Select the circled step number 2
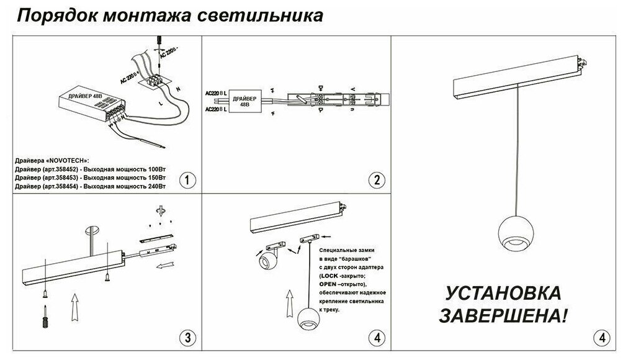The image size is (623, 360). pos(374,181)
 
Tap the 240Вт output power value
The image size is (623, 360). pos(157,186)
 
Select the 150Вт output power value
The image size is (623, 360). pos(157,178)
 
